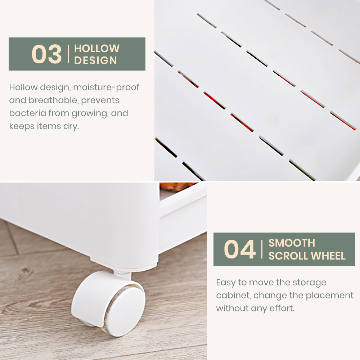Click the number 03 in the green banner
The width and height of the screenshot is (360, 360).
[46, 54]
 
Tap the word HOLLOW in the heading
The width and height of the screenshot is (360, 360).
[97, 49]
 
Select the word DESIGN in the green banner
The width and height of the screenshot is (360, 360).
[95, 60]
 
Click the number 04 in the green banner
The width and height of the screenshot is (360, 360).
[240, 249]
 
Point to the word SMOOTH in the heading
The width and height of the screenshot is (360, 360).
[292, 243]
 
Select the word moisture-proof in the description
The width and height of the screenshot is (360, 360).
[106, 87]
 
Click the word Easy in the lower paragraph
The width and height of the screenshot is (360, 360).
[226, 283]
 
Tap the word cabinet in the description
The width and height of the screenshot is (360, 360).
[233, 296]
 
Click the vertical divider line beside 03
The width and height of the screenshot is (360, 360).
[68, 54]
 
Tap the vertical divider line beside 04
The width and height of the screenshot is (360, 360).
[262, 249]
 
